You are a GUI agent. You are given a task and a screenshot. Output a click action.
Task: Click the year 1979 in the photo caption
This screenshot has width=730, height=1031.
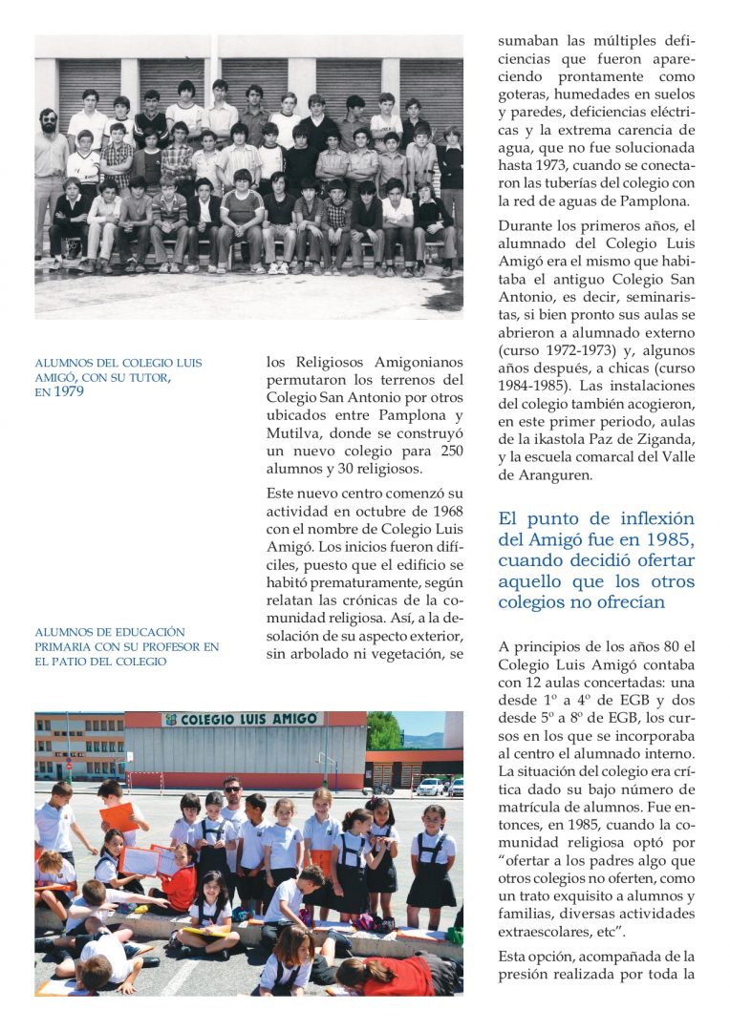coord(68,391)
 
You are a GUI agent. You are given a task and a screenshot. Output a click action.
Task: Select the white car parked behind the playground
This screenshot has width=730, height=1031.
coord(431,786)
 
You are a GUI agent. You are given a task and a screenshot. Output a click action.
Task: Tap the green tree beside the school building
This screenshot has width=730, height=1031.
coord(384,731)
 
